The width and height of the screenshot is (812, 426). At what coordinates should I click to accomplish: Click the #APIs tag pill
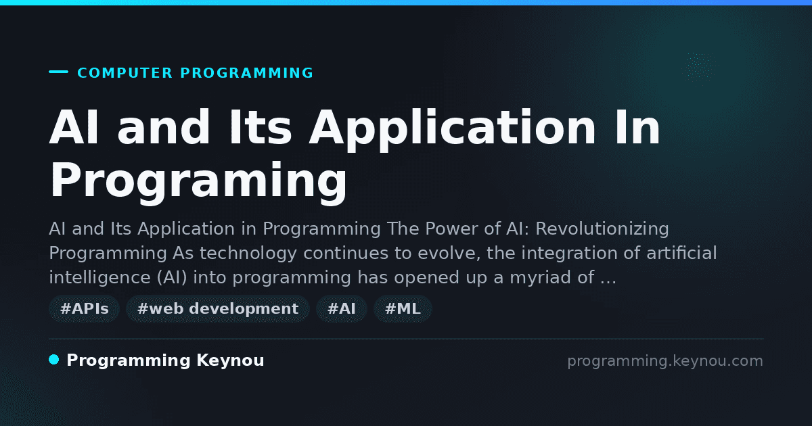[84, 308]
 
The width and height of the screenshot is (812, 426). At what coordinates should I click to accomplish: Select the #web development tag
[217, 308]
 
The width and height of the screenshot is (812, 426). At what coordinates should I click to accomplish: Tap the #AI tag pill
[342, 308]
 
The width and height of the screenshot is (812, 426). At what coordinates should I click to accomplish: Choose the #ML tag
[403, 308]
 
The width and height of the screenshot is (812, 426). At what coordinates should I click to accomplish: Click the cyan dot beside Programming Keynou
[54, 360]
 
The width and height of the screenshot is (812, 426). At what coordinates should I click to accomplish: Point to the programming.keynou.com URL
[665, 361]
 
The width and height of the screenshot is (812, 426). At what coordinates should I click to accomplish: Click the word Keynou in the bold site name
[230, 360]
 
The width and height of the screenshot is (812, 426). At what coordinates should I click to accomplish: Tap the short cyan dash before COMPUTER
[58, 72]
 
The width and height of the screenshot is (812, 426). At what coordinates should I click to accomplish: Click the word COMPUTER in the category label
[125, 73]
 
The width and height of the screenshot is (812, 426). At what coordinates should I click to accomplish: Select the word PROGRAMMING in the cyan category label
[246, 73]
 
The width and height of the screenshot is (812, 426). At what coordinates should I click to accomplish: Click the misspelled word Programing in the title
[198, 181]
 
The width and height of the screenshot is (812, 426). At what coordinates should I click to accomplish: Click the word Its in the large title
[261, 127]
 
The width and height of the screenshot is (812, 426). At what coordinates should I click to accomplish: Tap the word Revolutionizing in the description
[602, 229]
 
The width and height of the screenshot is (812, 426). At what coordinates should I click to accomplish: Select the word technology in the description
[248, 254]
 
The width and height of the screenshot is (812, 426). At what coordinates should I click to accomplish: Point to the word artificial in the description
[681, 253]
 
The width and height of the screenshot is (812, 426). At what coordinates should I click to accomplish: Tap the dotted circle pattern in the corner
[700, 66]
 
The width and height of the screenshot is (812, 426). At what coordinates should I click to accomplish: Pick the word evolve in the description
[449, 253]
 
